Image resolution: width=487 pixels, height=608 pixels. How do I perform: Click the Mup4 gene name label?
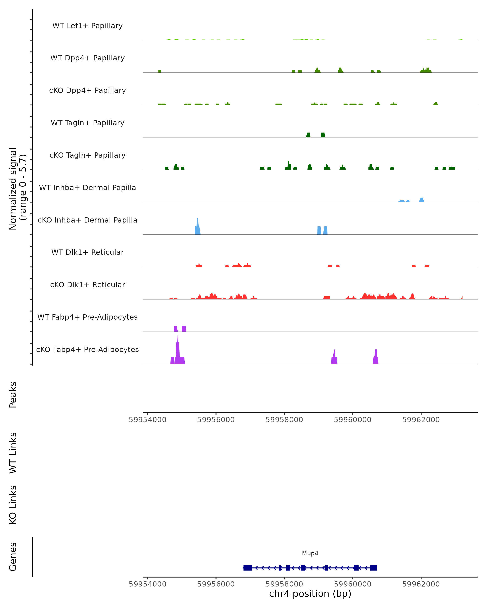coord(310,553)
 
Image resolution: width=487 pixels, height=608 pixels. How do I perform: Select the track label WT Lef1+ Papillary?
coord(87,26)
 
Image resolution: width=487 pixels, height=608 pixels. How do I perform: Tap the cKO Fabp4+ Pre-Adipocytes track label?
coord(87,349)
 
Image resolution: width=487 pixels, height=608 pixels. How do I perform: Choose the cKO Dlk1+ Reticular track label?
coord(87,285)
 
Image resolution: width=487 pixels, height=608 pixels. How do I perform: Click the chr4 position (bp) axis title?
coord(310,594)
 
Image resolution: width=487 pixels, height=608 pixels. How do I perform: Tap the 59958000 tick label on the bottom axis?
coord(284,584)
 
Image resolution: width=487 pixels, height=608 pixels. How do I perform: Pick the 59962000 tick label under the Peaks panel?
coord(421,420)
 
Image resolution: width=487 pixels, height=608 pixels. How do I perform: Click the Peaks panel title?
coord(13,395)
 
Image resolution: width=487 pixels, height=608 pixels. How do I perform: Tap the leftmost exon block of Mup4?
coord(248,568)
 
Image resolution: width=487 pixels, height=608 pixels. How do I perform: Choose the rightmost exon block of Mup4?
coord(374,568)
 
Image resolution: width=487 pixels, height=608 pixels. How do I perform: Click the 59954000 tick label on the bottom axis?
coord(147,584)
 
